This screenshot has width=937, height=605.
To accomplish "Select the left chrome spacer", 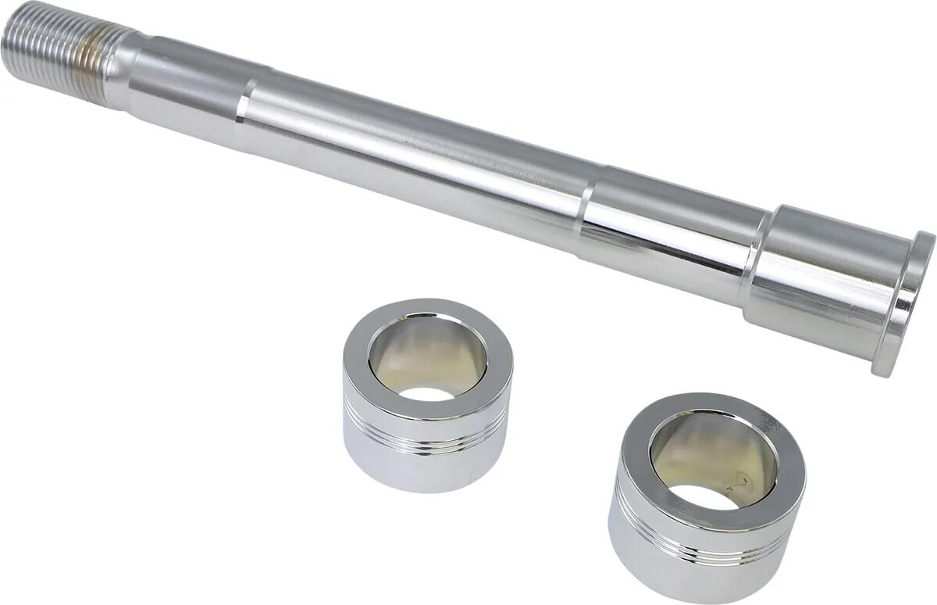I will (427, 395).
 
